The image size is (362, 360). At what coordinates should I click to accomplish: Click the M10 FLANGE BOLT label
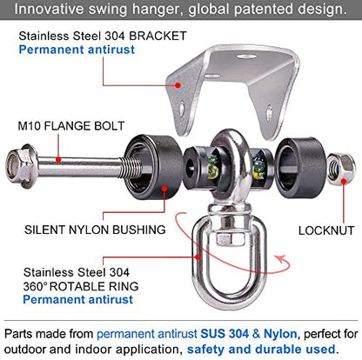[71, 126]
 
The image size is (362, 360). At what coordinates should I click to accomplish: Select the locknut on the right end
[340, 169]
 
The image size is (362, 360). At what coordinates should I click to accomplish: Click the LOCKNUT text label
[326, 230]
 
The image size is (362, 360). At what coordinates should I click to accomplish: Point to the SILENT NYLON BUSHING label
[95, 230]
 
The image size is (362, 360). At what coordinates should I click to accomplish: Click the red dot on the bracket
[178, 85]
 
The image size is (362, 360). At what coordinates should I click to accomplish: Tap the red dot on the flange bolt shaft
[58, 159]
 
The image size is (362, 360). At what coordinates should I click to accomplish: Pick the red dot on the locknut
[344, 182]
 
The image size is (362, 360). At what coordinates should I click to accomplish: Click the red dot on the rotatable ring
[198, 257]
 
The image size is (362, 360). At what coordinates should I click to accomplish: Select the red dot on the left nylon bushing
[164, 189]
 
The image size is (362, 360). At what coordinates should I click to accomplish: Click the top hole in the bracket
[246, 56]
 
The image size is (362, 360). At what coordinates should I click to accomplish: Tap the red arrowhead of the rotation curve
[281, 259]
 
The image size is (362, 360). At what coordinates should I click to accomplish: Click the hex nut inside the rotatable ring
[224, 239]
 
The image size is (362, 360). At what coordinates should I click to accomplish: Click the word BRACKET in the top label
[158, 36]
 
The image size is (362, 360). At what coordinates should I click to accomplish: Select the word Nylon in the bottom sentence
[280, 334]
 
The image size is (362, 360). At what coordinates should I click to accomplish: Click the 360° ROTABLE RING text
[81, 286]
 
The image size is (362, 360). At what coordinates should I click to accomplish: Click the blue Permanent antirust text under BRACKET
[77, 50]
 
